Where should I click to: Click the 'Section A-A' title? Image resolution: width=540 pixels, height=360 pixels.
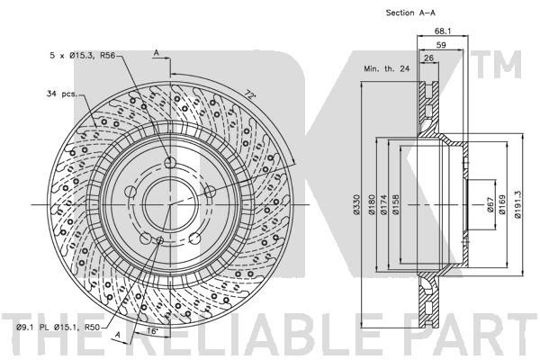point(410,13)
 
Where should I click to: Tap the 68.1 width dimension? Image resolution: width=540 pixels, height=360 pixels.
point(443,31)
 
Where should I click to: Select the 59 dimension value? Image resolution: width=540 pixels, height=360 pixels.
point(441,45)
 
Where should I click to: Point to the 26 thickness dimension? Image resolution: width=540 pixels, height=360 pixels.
point(428,58)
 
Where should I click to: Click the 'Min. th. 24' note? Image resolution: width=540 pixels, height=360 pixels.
point(387,68)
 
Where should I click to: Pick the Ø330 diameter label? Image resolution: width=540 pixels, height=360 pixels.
point(356,204)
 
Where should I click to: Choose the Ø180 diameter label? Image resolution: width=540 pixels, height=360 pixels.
point(371,204)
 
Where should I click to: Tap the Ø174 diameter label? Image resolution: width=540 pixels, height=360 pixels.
point(384,204)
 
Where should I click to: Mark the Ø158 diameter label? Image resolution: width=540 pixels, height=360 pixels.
point(396,204)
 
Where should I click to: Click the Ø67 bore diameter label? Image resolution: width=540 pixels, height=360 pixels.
point(490,204)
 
